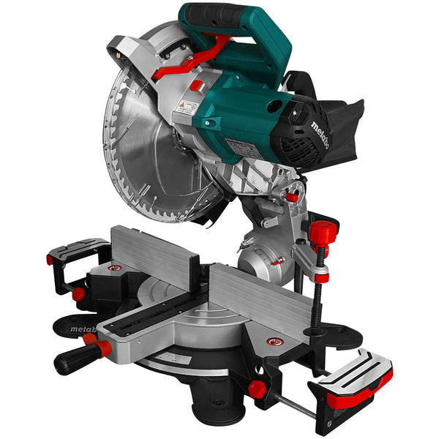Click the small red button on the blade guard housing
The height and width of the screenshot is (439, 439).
click(195, 86)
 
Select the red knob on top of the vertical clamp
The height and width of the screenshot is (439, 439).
click(322, 233)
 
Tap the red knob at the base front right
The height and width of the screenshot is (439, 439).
click(256, 389)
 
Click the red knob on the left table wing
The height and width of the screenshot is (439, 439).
click(78, 294)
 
